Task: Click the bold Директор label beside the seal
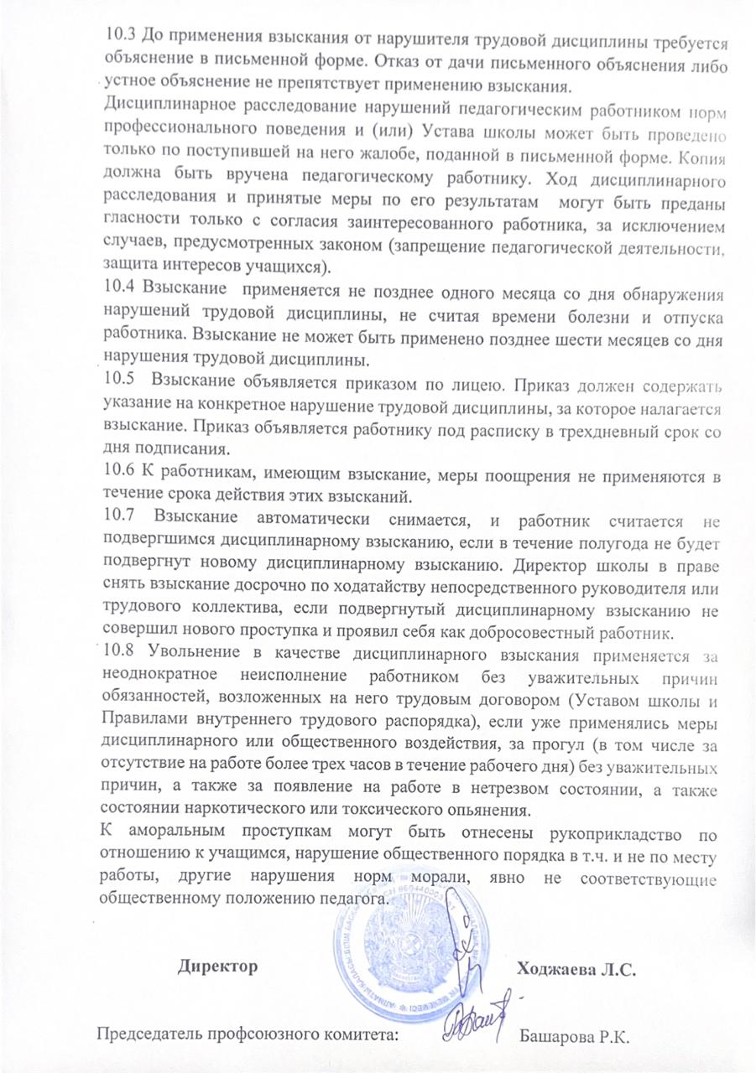[217, 967]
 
